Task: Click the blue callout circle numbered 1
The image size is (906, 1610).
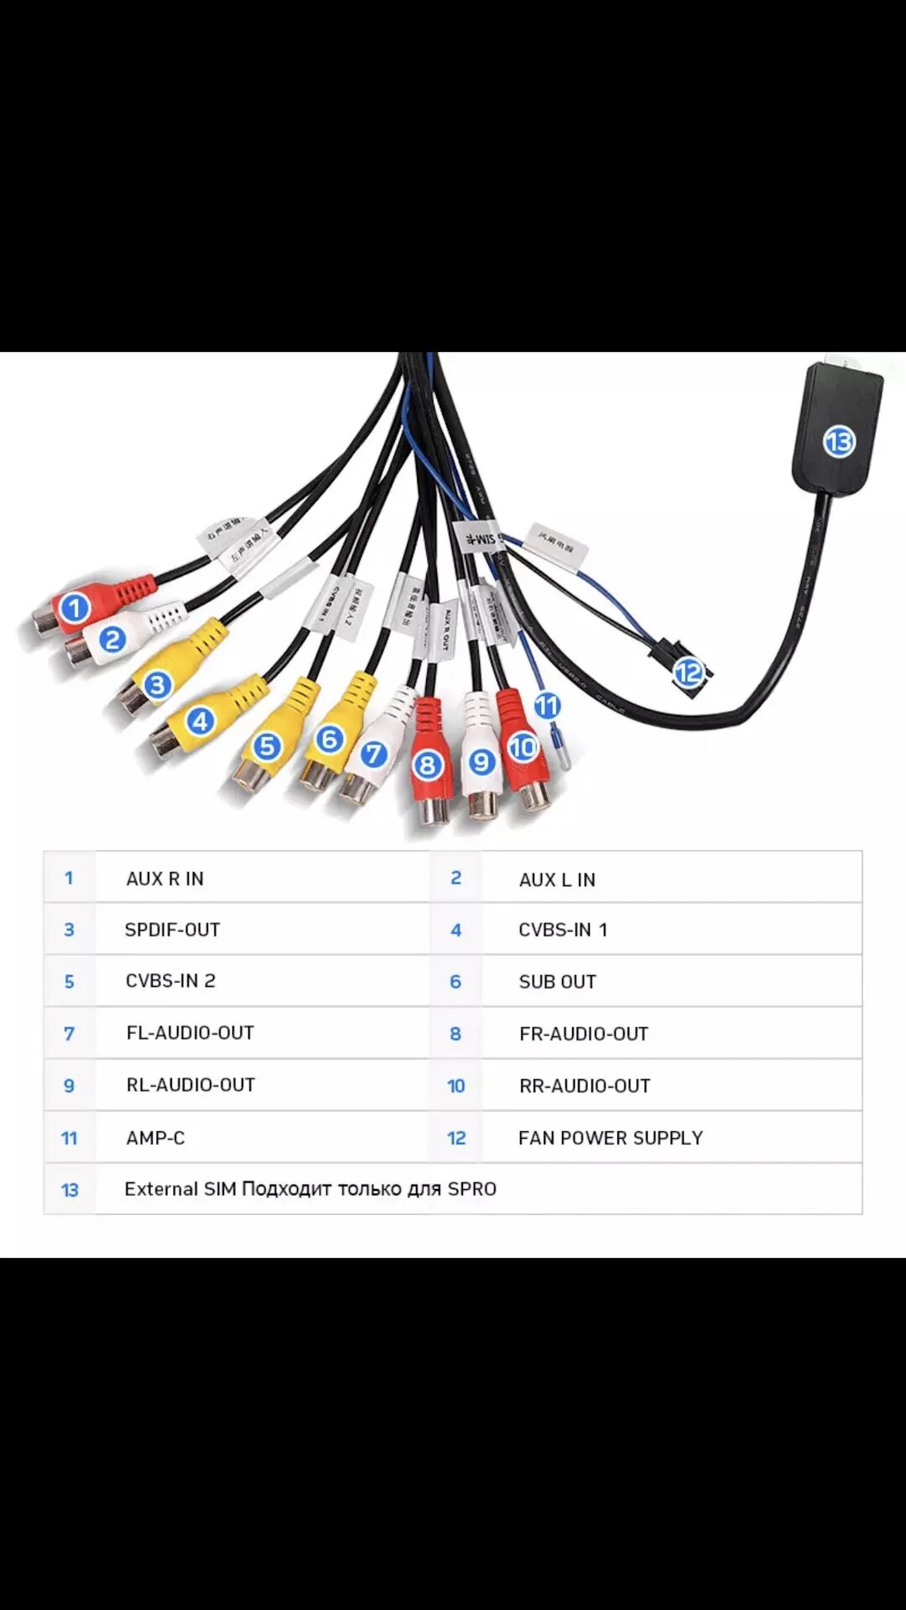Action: (74, 607)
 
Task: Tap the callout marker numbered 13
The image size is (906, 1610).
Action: (839, 441)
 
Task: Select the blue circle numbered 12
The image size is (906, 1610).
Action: (688, 672)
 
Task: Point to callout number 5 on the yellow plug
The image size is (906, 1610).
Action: (267, 745)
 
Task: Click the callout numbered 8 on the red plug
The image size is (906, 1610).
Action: (427, 764)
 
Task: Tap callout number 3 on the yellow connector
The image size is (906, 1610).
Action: (157, 685)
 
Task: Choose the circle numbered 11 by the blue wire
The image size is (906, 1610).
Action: (547, 705)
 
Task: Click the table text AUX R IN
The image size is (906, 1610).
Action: (164, 879)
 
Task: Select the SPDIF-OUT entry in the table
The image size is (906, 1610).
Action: (172, 930)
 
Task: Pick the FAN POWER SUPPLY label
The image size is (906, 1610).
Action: (610, 1138)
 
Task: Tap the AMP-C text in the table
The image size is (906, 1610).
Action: (155, 1138)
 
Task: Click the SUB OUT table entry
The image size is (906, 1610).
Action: (557, 982)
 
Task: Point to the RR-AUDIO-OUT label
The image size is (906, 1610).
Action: (585, 1086)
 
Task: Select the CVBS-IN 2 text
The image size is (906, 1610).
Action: (170, 981)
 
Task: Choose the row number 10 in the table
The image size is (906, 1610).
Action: (456, 1087)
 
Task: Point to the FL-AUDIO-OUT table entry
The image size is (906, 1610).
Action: (190, 1033)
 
